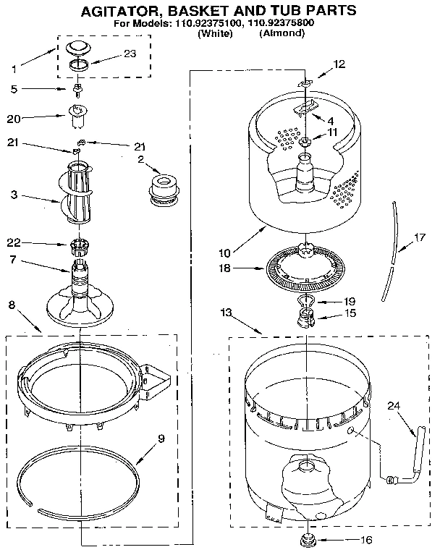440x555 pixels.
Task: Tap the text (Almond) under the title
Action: coord(282,33)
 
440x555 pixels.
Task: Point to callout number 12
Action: coord(338,64)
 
